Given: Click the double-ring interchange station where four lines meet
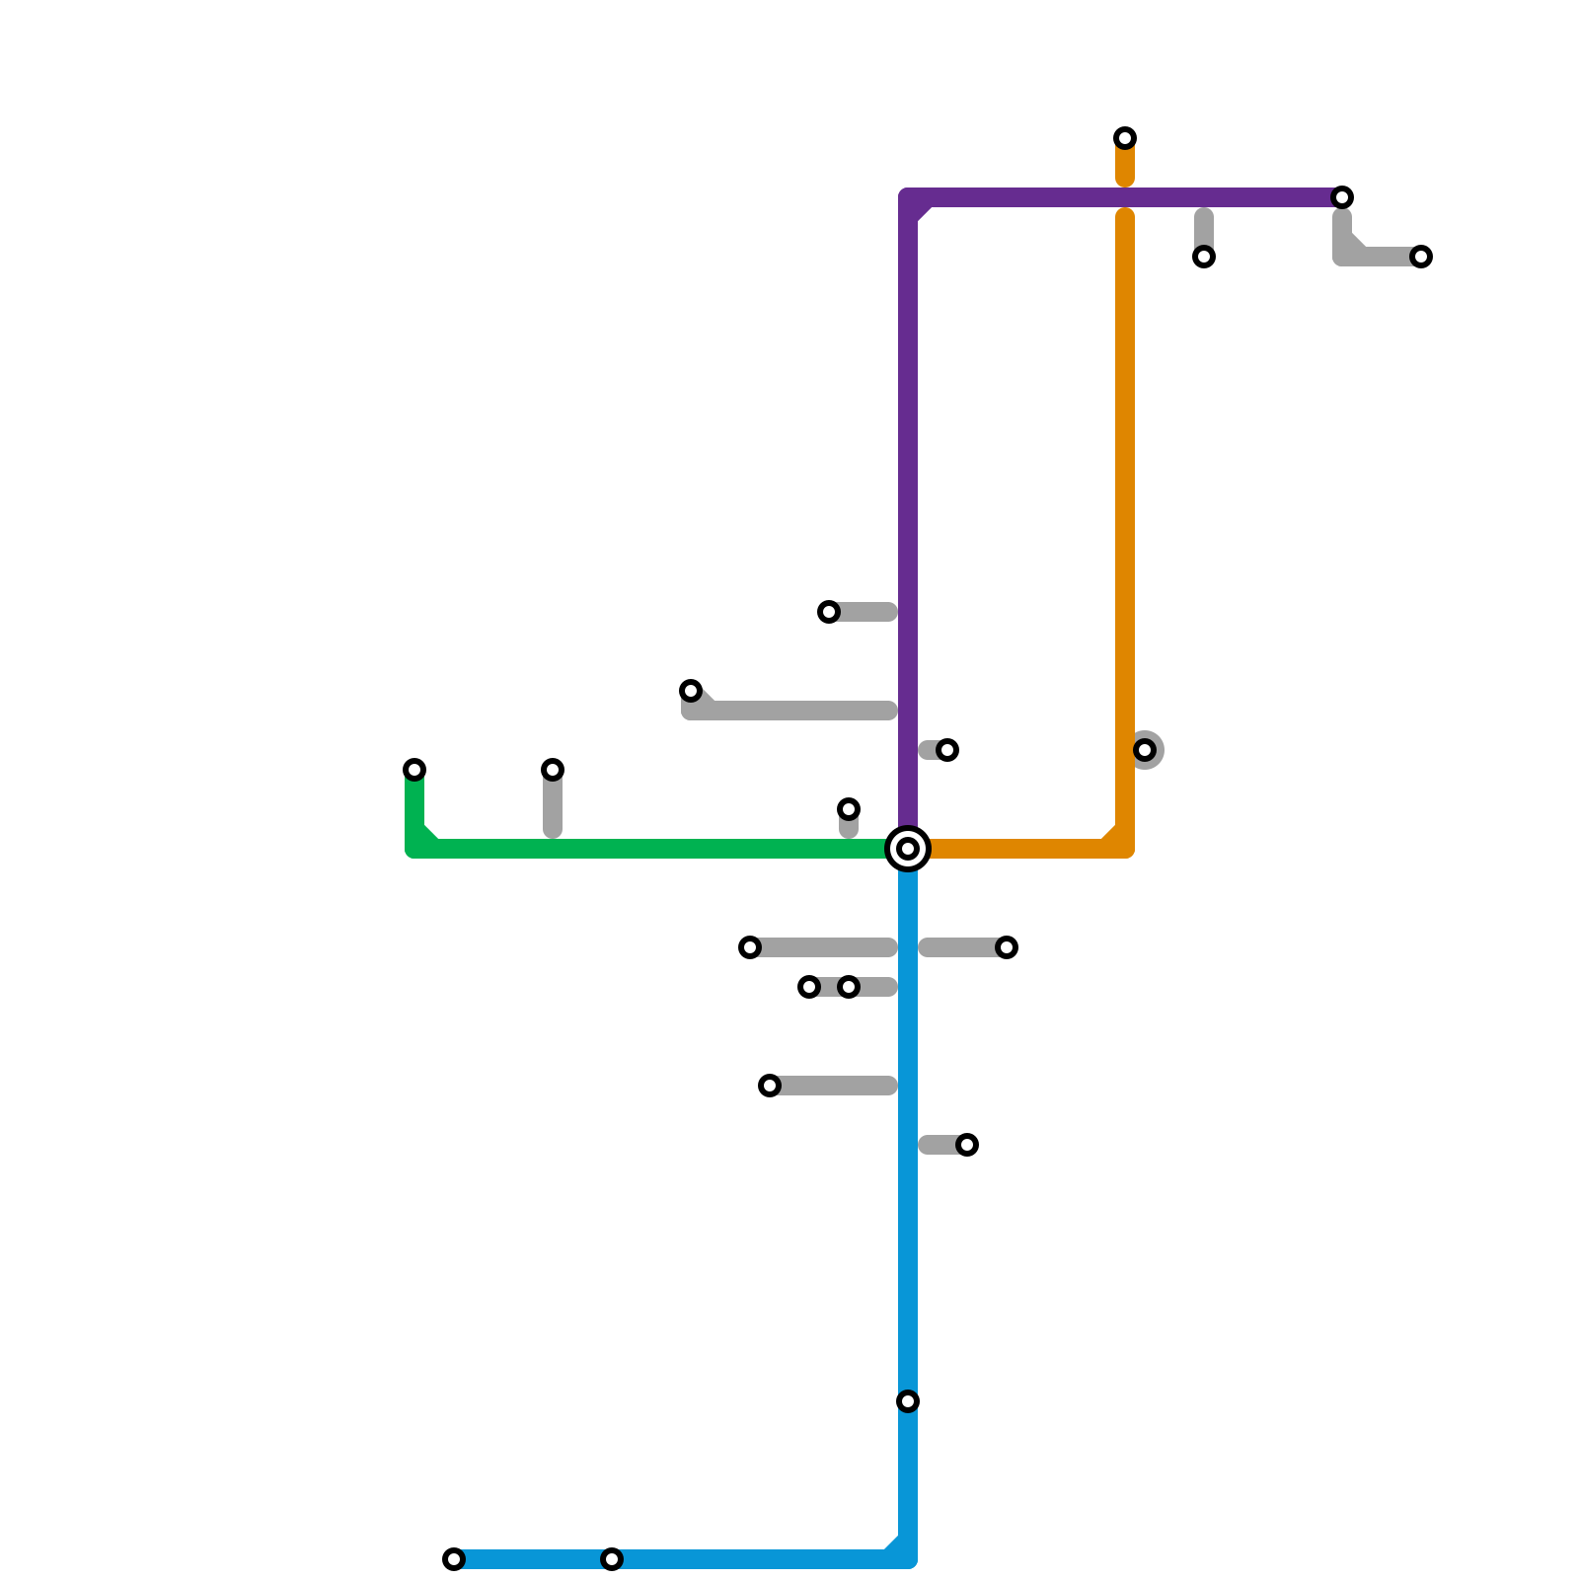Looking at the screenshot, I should point(908,849).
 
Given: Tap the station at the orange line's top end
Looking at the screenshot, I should point(1125,138).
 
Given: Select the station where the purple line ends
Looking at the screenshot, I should point(1342,197).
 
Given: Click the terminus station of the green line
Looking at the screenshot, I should point(414,770).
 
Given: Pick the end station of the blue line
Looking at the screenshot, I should point(454,1559).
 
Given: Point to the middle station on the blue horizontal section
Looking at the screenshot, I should point(612,1559).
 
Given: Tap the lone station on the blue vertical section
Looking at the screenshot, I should point(908,1401).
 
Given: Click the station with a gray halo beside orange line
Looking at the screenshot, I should point(1145,750).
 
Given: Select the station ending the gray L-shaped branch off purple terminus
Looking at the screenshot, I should point(1421,257).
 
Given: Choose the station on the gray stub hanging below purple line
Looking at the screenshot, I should point(1204,257).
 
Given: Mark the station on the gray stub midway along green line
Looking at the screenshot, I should point(553,770).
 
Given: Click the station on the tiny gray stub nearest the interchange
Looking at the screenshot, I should point(849,809).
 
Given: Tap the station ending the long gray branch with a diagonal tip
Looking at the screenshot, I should point(691,691).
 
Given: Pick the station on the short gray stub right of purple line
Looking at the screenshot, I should point(947,750).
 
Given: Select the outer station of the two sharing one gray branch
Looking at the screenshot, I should point(809,987).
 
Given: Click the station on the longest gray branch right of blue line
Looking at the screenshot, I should point(1007,947).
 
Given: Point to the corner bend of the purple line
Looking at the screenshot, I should point(908,197).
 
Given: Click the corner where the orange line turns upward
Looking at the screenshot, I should point(1125,849).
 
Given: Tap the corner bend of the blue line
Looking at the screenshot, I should point(908,1559).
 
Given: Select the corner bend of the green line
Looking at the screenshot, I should point(414,849).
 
